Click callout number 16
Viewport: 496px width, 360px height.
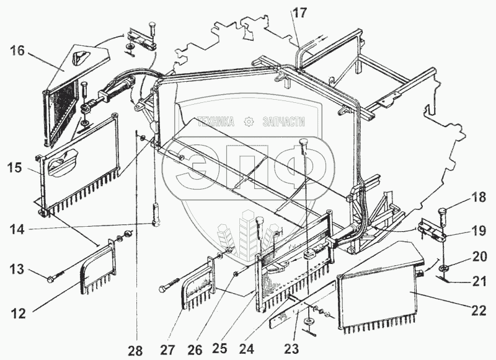[17, 51]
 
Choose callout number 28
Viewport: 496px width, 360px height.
[136, 351]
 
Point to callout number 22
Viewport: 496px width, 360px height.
[478, 311]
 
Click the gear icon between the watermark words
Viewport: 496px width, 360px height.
[249, 121]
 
